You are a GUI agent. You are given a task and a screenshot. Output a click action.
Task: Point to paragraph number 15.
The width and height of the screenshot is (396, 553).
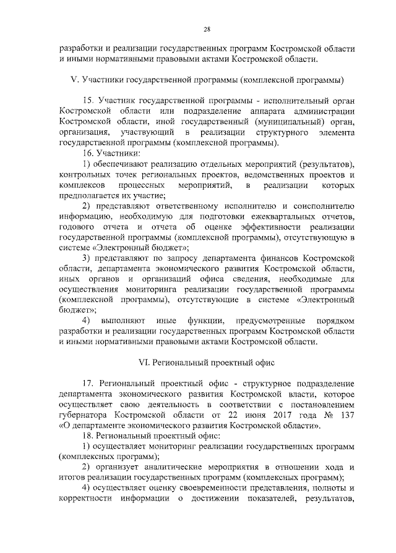tap(87, 100)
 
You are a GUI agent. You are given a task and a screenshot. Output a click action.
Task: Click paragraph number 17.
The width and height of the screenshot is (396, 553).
tap(87, 383)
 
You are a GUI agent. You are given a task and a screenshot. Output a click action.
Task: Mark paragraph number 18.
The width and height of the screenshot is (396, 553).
tap(87, 436)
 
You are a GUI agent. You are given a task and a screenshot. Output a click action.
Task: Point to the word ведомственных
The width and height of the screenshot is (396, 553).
tap(272, 175)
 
